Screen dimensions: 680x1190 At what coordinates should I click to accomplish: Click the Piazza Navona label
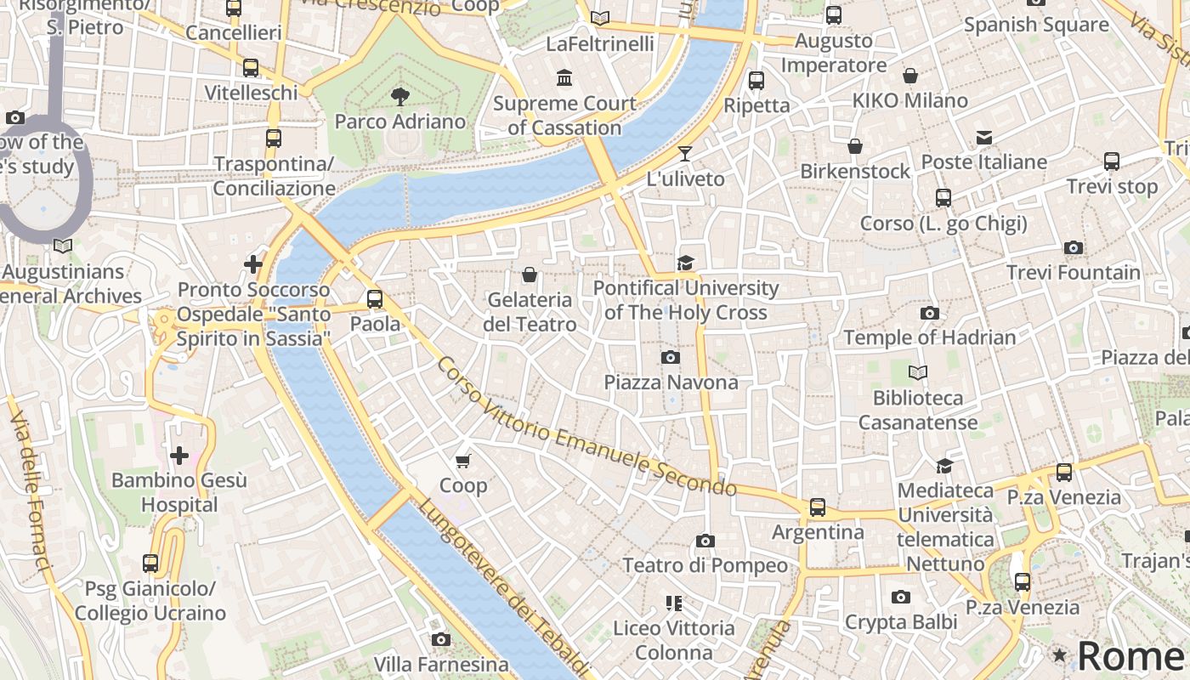click(x=671, y=382)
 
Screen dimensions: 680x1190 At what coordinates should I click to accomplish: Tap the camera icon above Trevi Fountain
click(x=1074, y=248)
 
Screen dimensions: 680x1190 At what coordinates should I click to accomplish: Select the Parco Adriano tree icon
click(x=399, y=96)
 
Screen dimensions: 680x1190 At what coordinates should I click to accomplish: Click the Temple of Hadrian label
click(x=929, y=337)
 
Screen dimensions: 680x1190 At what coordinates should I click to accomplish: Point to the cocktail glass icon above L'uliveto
click(x=685, y=154)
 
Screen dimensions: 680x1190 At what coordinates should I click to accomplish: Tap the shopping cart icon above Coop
click(x=463, y=461)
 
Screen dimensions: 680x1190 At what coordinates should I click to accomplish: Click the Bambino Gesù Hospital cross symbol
click(x=179, y=456)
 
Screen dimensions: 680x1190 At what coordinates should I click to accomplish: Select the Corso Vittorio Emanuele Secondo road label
click(x=586, y=427)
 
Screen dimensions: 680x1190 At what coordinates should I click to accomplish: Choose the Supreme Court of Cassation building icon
click(x=564, y=78)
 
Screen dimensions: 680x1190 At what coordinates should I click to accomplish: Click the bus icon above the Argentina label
click(x=818, y=507)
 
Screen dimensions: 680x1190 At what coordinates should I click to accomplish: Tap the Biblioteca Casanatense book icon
click(x=918, y=372)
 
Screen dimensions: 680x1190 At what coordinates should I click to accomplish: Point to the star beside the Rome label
click(x=1059, y=655)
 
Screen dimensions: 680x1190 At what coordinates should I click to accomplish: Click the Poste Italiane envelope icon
click(x=984, y=137)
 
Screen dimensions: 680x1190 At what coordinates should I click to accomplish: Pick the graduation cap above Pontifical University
click(x=685, y=263)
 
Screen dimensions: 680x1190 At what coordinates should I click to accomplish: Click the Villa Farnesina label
click(x=441, y=664)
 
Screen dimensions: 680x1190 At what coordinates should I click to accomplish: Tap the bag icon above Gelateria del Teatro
click(x=530, y=275)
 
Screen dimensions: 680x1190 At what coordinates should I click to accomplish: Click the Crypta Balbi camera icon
click(x=901, y=598)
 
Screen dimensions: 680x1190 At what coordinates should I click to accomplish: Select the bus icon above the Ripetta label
click(x=756, y=81)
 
